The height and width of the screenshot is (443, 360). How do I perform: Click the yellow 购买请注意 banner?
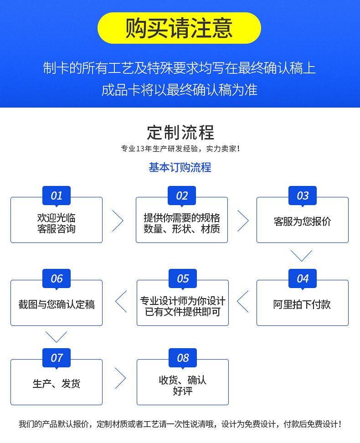[x=179, y=28]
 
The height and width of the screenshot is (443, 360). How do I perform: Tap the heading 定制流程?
[x=180, y=133]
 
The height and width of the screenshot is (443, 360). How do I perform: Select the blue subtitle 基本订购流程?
[x=180, y=167]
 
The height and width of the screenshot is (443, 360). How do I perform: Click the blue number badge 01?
[x=57, y=196]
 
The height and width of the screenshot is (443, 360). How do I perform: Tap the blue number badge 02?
[x=182, y=196]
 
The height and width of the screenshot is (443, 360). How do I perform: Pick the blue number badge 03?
[x=303, y=196]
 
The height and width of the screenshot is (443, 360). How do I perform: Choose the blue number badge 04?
[x=303, y=278]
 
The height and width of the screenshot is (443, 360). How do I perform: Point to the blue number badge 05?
[x=183, y=278]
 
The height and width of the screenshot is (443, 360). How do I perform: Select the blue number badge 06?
[x=57, y=278]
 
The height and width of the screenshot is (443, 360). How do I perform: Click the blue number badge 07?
[x=57, y=358]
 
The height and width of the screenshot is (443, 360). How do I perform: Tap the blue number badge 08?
[x=183, y=358]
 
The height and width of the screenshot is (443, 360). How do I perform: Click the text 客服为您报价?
[x=303, y=221]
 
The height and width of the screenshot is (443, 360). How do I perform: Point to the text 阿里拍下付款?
[x=302, y=304]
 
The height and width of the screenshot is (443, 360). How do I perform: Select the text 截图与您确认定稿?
[x=57, y=304]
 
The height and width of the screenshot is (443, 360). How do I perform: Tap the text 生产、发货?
[x=57, y=384]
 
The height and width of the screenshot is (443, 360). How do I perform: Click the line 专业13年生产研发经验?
[x=159, y=149]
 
